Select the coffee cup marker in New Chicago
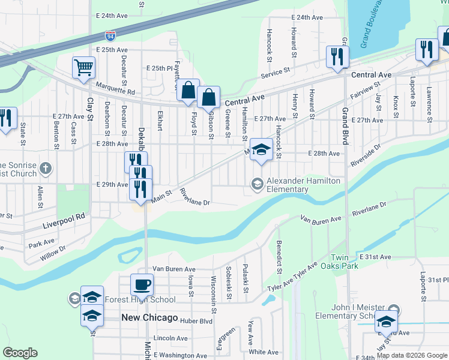(x=142, y=284)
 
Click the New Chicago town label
(x=149, y=317)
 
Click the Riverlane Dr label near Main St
(x=194, y=197)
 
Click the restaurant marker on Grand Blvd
(x=337, y=56)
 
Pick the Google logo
(x=20, y=353)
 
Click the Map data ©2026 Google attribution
(x=412, y=355)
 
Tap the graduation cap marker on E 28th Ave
(x=261, y=149)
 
